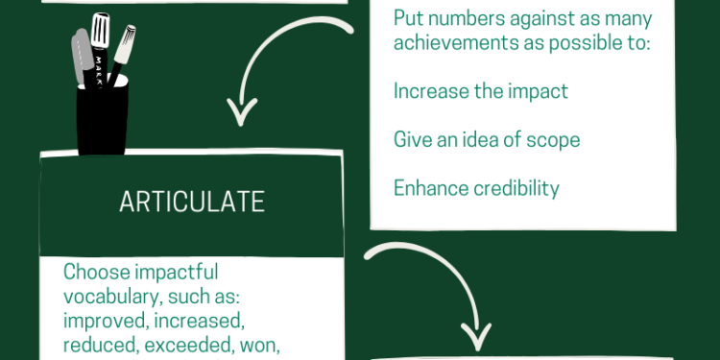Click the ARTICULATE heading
[x=191, y=202]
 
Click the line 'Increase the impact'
[x=481, y=91]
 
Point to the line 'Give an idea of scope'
[x=487, y=139]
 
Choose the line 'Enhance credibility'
[x=476, y=187]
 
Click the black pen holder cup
[x=103, y=120]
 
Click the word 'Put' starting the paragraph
[x=408, y=18]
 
